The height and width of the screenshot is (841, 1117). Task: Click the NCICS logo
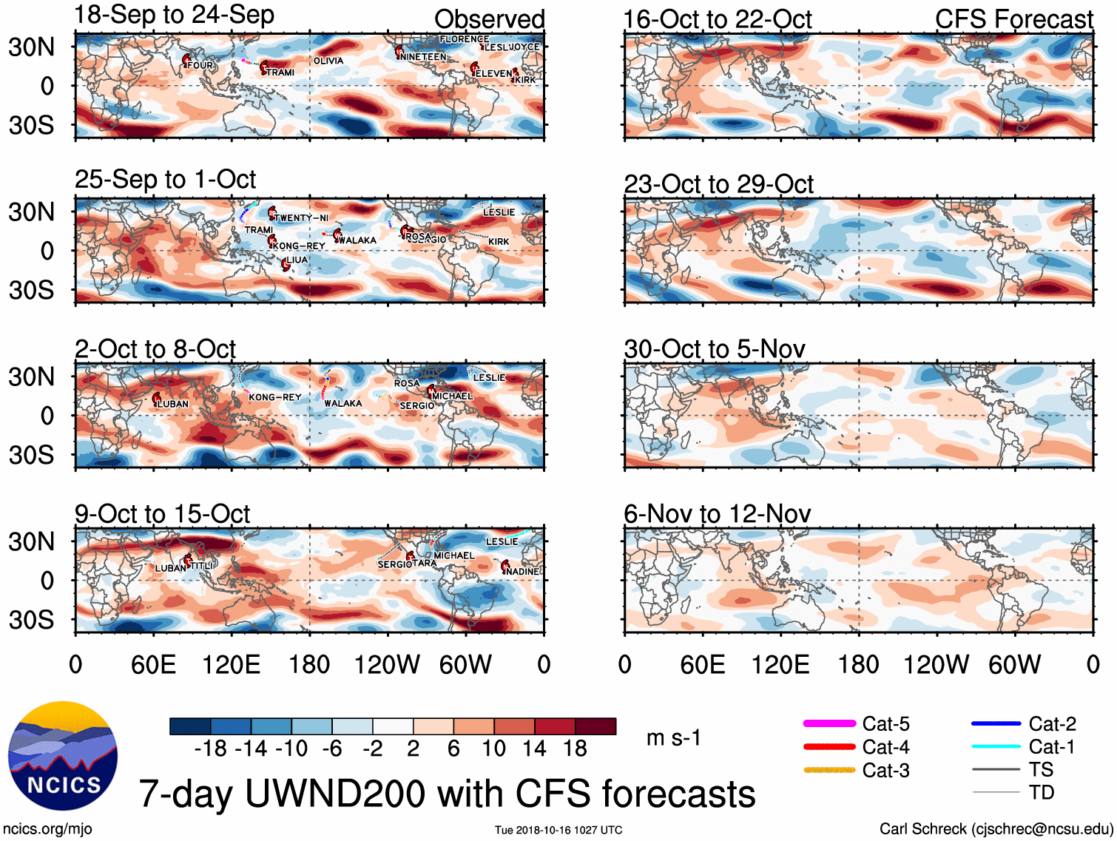(x=63, y=755)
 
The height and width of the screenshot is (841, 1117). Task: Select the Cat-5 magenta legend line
(x=829, y=723)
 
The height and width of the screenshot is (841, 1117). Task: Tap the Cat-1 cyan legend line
(x=996, y=746)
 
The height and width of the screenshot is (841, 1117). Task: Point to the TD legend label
(x=1042, y=793)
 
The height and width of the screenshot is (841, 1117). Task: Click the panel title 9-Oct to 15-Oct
(x=162, y=514)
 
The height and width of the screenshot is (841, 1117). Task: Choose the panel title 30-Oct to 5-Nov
(x=714, y=349)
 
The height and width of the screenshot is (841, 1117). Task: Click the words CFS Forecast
(x=1013, y=19)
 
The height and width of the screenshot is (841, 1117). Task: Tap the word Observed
(x=489, y=19)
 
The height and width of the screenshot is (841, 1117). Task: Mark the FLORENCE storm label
(x=464, y=39)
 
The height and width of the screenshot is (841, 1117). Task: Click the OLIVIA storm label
(x=328, y=61)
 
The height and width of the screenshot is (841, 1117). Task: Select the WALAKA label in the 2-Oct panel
(x=343, y=404)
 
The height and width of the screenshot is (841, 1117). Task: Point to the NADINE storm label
(x=524, y=572)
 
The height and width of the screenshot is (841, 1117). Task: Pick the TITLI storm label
(x=202, y=566)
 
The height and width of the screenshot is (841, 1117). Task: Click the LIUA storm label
(x=297, y=260)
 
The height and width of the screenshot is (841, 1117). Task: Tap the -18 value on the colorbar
(x=210, y=749)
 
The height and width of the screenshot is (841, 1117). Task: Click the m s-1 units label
(x=673, y=738)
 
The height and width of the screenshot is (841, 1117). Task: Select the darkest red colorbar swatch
(x=595, y=726)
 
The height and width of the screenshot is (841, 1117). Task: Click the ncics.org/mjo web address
(x=47, y=829)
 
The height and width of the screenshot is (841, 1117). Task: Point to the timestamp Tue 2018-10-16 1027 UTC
(x=558, y=830)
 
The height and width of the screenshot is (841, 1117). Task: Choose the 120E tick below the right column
(x=780, y=665)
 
